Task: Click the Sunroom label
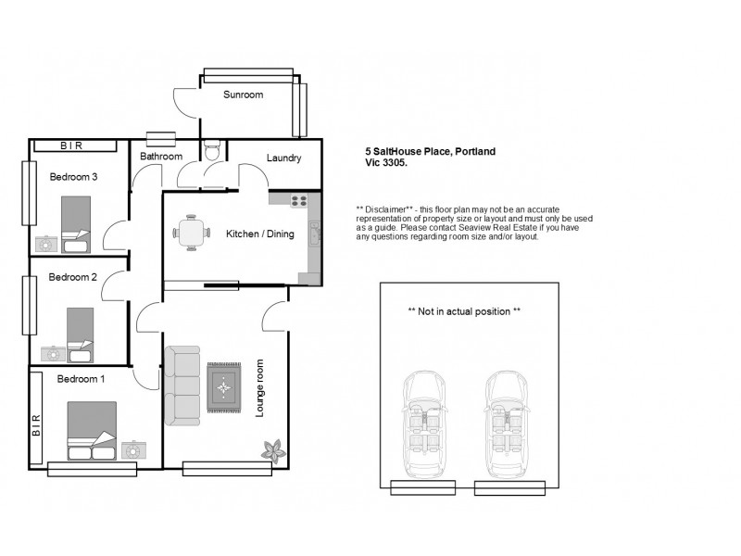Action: pos(244,95)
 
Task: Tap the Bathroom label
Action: pos(160,157)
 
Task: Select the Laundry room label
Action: pos(283,158)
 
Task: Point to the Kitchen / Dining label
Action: pos(259,234)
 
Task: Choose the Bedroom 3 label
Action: pos(73,176)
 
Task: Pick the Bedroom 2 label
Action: pos(73,276)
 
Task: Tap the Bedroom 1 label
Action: pos(81,378)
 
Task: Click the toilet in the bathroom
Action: pos(213,148)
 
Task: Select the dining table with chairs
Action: pos(191,233)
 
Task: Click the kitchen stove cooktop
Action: pos(300,200)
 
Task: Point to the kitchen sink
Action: pos(315,236)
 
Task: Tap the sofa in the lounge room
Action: pos(182,385)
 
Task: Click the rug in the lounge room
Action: pos(223,386)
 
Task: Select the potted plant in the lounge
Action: pos(273,452)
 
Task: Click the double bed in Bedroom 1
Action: pos(92,431)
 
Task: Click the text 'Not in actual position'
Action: pos(464,311)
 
